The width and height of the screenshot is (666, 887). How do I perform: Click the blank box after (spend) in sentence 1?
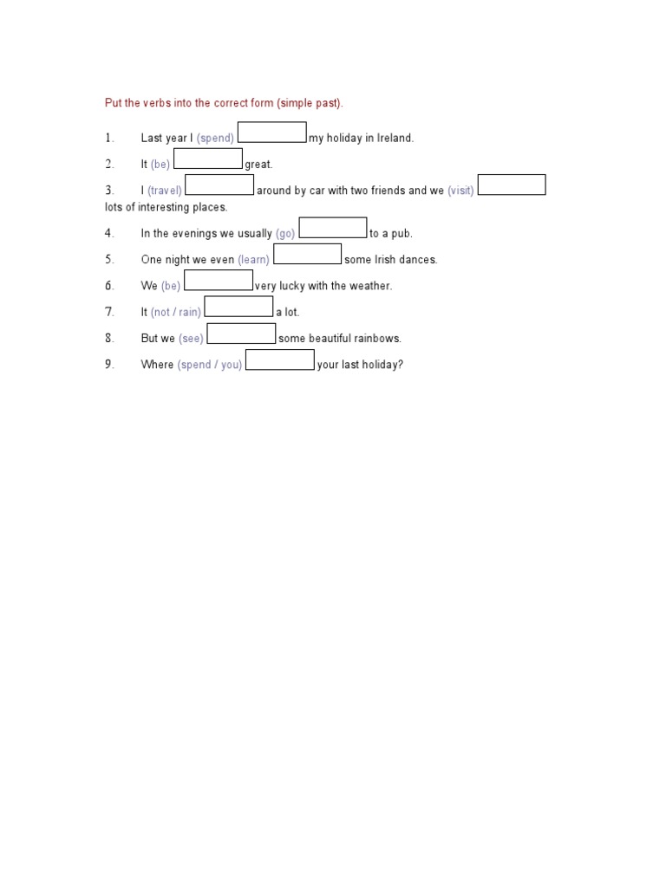tap(271, 133)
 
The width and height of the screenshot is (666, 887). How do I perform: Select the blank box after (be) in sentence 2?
tap(208, 159)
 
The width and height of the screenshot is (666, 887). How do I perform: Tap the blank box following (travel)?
tap(219, 185)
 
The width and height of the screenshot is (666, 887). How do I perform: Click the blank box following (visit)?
tap(512, 185)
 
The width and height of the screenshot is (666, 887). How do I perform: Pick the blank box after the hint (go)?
tap(333, 228)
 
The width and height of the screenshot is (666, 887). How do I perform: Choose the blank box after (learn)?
tap(307, 254)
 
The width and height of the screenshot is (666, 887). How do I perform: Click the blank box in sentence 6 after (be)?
tap(219, 281)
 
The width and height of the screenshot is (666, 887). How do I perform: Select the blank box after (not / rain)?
tap(238, 307)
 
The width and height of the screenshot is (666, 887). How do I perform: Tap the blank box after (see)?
tap(241, 333)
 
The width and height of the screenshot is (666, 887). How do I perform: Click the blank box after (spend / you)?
tap(280, 359)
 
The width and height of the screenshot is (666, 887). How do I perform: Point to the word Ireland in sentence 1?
tap(395, 139)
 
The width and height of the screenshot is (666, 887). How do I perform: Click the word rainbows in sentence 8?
tap(377, 339)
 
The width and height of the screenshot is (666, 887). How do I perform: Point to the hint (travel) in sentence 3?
tap(165, 191)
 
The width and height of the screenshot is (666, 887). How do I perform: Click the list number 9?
tap(109, 365)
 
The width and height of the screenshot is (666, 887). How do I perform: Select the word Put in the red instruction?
tap(113, 103)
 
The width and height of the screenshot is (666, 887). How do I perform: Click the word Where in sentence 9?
tap(157, 365)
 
